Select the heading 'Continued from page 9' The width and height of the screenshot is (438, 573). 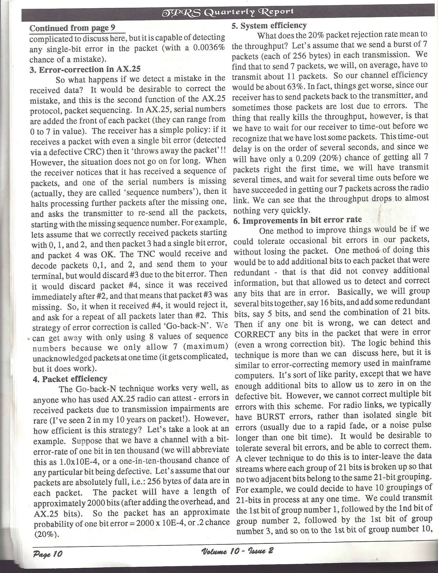tap(72, 28)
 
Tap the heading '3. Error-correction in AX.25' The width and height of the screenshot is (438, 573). tap(85, 69)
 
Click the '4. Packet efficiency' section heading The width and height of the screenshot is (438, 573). tap(70, 379)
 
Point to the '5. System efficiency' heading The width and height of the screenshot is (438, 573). tap(269, 26)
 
